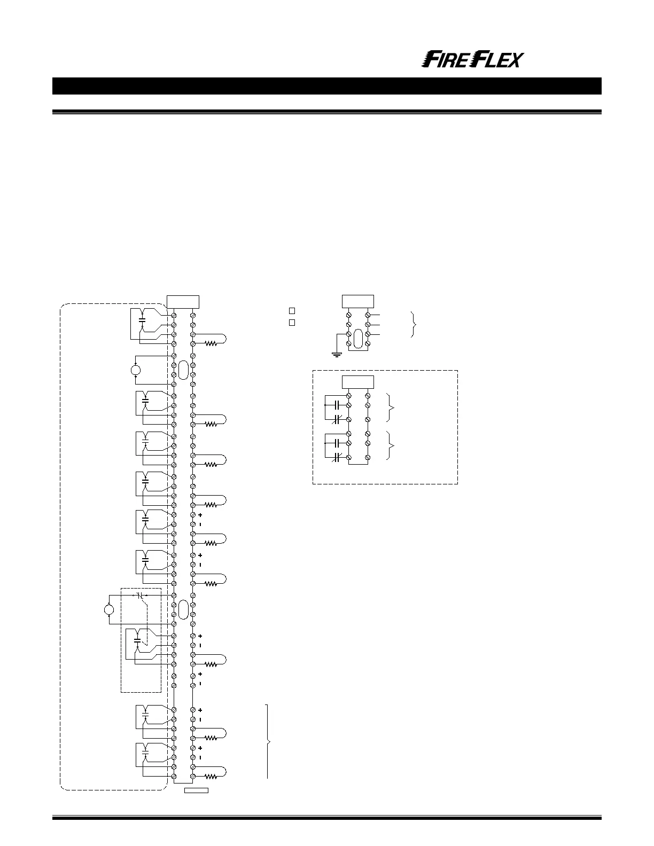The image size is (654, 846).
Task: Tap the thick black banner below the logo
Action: click(326, 86)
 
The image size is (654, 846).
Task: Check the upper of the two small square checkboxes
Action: click(292, 310)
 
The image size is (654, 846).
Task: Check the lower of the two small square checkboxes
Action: click(292, 323)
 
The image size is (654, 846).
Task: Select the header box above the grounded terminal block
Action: click(357, 301)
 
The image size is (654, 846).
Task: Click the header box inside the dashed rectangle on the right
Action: click(357, 382)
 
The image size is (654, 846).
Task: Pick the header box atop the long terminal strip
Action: click(183, 301)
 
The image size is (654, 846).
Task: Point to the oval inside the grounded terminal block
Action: click(358, 339)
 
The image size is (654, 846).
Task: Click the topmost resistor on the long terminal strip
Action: click(212, 344)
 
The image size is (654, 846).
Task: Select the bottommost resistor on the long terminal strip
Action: click(212, 777)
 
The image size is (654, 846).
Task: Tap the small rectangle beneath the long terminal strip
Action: click(196, 790)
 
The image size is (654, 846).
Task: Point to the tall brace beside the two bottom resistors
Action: click(268, 742)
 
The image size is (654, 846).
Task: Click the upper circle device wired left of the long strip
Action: click(136, 370)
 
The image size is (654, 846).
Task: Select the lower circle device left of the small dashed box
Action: click(109, 609)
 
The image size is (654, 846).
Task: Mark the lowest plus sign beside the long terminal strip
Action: click(200, 748)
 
